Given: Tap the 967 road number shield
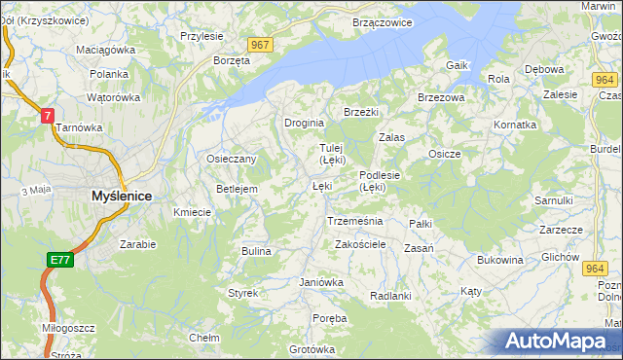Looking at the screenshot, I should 259,46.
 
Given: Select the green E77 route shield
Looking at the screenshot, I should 60,259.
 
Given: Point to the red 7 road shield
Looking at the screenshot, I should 46,115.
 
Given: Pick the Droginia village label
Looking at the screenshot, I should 304,124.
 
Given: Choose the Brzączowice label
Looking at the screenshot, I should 383,21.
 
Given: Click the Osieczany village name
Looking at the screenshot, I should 231,159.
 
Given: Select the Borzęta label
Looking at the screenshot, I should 232,59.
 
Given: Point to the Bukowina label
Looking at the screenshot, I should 500,260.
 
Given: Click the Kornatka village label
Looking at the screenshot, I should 515,125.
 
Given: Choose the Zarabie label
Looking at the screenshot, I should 137,244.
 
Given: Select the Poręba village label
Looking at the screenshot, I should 331,318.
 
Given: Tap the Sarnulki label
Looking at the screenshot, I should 553,199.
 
